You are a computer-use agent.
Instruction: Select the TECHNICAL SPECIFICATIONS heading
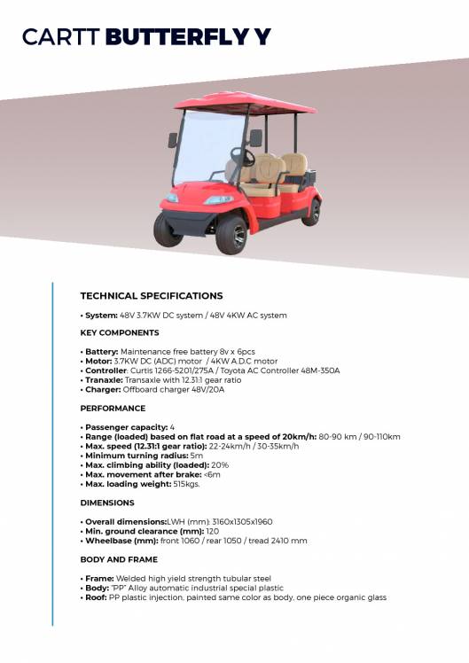point(152,296)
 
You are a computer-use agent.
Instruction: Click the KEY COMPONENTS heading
point(120,333)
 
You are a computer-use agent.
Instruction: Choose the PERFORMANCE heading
point(113,409)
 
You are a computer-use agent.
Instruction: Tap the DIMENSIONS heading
point(107,503)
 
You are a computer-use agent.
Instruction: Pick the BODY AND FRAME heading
point(119,559)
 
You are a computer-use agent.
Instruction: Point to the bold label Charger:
point(102,389)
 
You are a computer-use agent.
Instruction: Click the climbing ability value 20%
point(220,465)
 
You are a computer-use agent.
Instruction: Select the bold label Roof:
point(95,597)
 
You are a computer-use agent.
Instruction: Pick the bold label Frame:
point(98,578)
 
